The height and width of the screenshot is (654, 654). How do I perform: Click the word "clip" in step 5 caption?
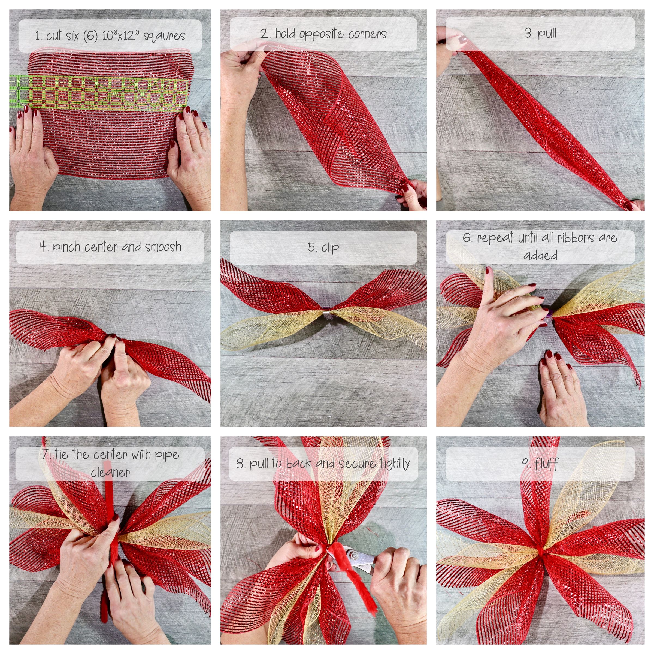coord(330,247)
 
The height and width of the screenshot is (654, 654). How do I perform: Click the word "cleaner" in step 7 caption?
coord(110,472)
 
